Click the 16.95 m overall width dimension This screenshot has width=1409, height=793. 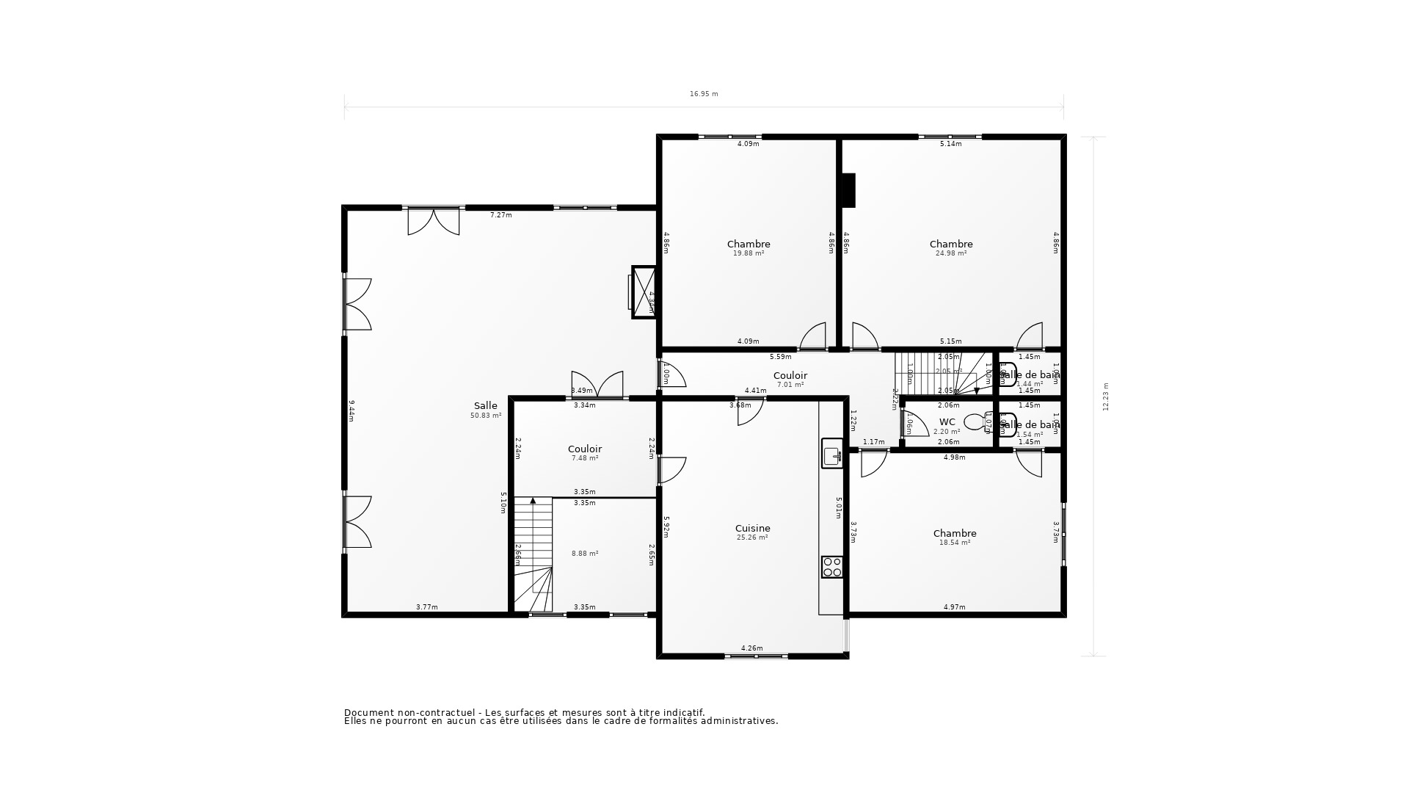[x=704, y=94]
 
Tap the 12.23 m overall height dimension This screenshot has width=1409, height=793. [x=1106, y=396]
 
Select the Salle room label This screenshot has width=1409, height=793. [x=485, y=405]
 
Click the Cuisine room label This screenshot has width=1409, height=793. [x=752, y=528]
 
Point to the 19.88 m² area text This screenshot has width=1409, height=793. [x=749, y=253]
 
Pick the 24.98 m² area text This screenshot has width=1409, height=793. [x=950, y=253]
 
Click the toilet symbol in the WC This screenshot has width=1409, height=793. [x=975, y=422]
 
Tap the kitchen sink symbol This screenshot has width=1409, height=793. [x=831, y=455]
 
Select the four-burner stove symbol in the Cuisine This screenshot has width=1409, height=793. [x=831, y=567]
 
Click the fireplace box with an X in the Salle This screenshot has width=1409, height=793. [x=644, y=292]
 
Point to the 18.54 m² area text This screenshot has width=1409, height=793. [x=954, y=543]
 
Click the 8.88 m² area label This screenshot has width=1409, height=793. [x=585, y=554]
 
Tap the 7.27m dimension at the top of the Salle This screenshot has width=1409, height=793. [x=500, y=215]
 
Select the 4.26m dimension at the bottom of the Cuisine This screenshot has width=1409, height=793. [x=751, y=648]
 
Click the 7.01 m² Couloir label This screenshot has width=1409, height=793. [x=790, y=385]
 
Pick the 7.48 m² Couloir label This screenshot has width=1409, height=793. [x=585, y=458]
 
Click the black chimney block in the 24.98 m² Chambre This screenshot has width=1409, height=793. [x=848, y=190]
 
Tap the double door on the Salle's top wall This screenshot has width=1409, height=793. [x=434, y=222]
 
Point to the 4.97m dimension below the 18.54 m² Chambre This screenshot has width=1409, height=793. [x=954, y=607]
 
